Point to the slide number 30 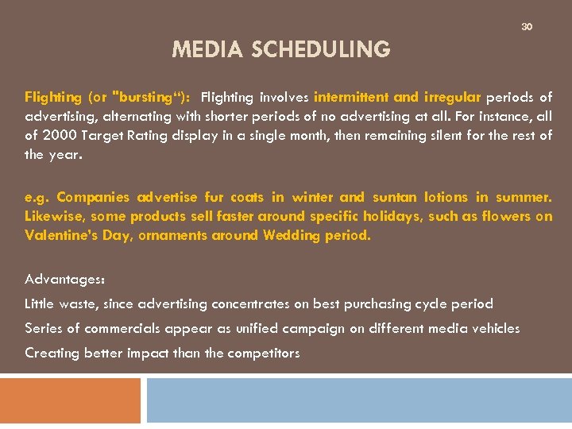point(526,27)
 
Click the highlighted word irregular point(451,98)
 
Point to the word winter point(312,198)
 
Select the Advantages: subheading point(65,280)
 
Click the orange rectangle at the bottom point(70,400)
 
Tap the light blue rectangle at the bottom point(359,400)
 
